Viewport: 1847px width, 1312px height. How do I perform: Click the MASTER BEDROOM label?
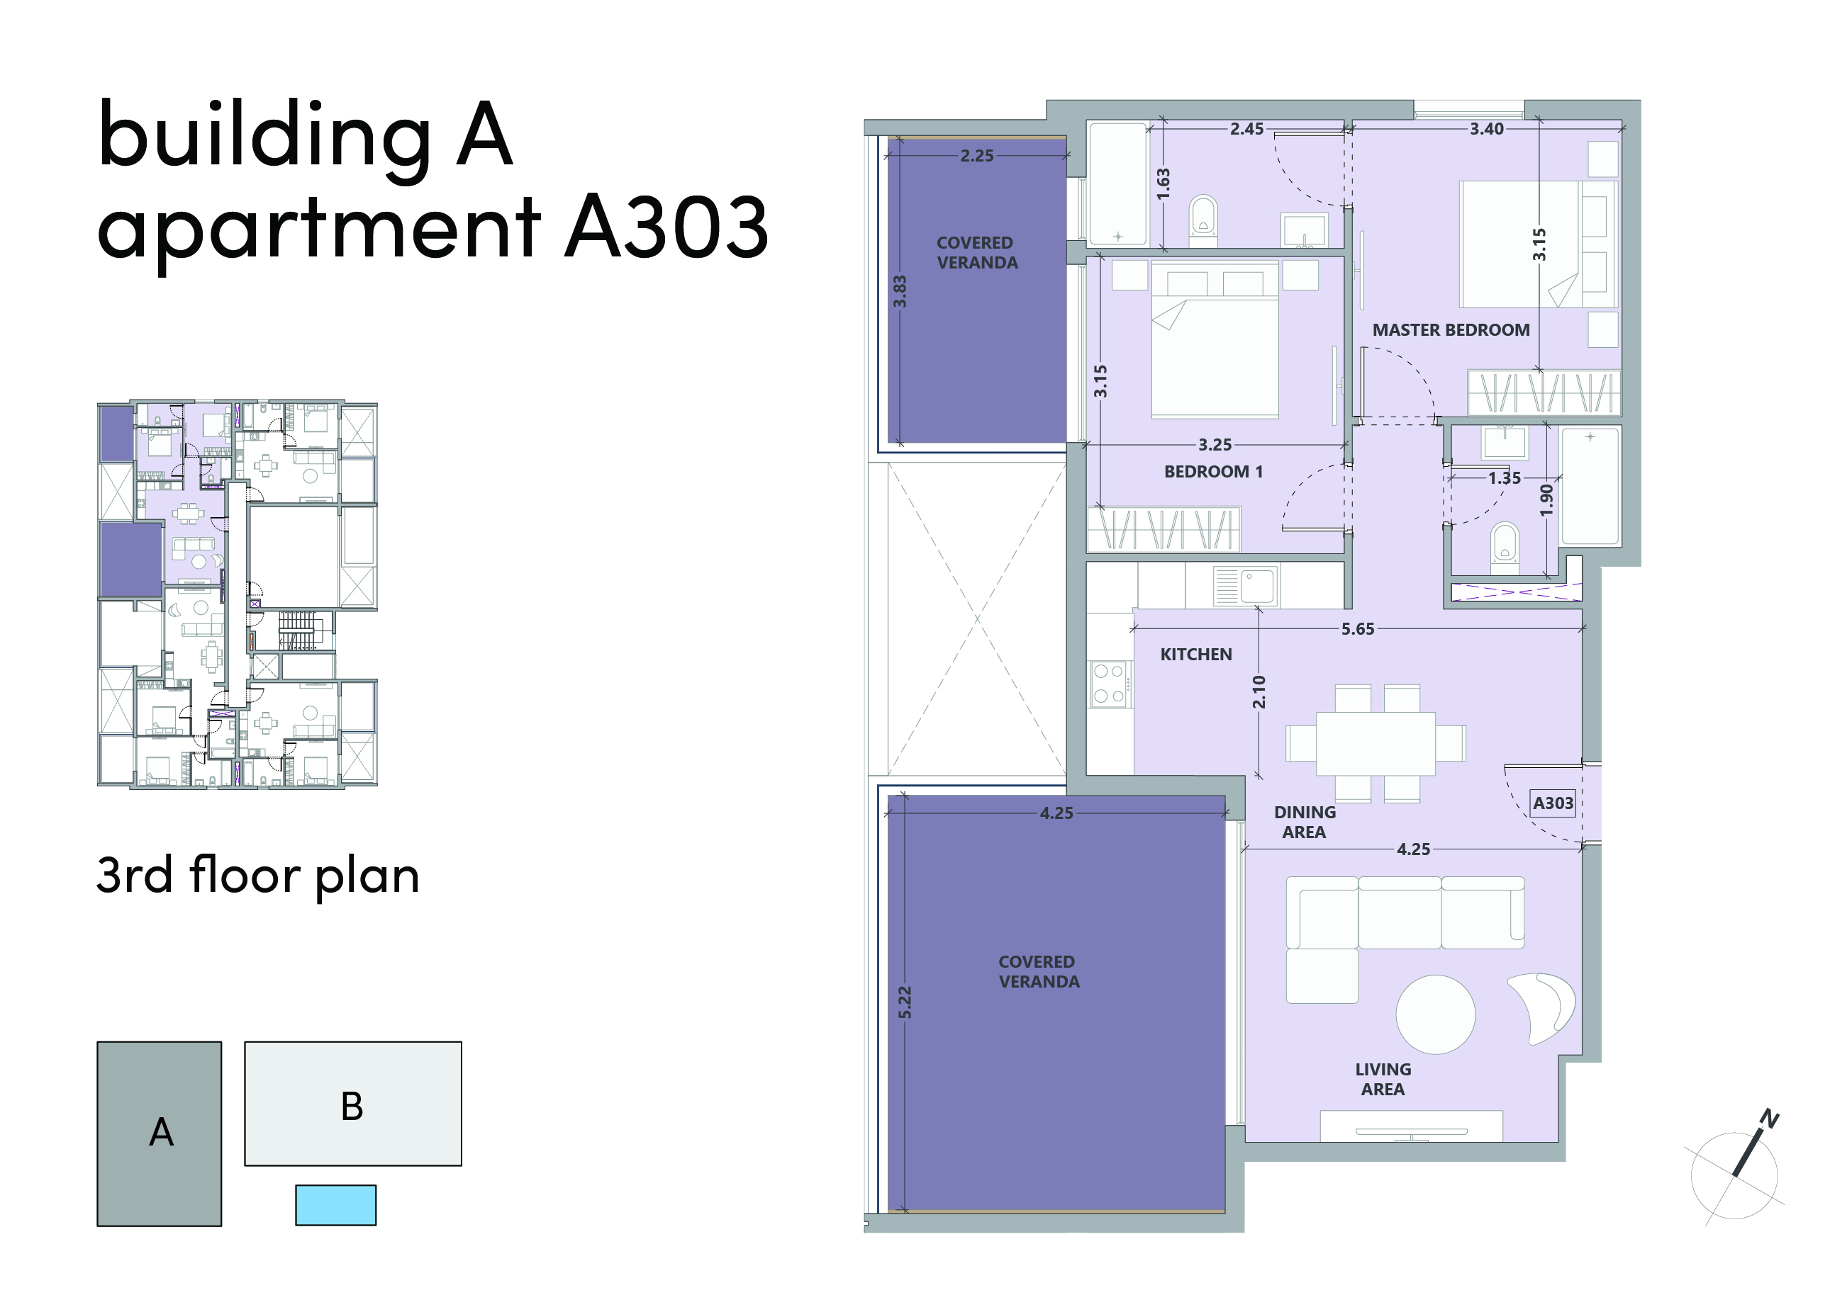pos(1450,329)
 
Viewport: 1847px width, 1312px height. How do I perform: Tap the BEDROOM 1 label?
pos(1212,471)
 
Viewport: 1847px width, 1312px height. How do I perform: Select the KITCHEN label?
pos(1195,655)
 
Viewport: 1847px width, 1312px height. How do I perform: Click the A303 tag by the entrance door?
pos(1553,803)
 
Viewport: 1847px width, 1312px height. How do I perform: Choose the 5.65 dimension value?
pos(1357,628)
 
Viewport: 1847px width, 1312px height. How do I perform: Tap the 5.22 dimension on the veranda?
pos(905,1002)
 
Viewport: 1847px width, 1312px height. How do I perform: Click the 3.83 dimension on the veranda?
pos(900,291)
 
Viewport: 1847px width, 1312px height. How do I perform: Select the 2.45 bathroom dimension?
pos(1246,128)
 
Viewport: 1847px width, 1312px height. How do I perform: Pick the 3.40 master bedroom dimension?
pos(1487,128)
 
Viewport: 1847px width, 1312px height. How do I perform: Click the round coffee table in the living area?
pos(1436,1014)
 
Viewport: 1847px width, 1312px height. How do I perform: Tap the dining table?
pos(1376,743)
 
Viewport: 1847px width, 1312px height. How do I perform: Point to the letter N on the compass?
pos(1770,1118)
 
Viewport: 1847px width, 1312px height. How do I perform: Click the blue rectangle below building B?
pos(335,1204)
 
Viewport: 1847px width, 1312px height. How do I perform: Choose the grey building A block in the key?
pos(160,1133)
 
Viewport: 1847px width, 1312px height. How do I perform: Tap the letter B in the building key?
pos(352,1106)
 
